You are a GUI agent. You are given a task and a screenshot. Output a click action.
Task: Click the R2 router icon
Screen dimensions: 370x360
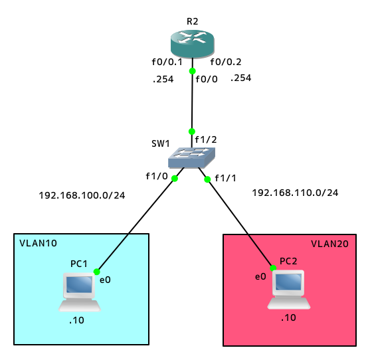point(193,44)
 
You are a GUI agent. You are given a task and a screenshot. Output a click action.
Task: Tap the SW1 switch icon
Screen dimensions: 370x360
point(191,157)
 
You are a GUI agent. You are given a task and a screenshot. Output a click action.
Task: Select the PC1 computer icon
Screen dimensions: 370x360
point(80,292)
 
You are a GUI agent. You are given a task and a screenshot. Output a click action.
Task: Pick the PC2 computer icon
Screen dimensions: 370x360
point(288,290)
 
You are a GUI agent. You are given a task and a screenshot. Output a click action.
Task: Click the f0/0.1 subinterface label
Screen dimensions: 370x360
point(167,62)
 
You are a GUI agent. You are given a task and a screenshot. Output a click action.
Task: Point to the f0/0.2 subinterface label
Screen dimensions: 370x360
point(226,62)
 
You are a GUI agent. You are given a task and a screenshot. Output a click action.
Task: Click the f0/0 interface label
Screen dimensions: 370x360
point(207,79)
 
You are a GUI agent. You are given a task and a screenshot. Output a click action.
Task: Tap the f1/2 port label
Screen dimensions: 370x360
point(206,139)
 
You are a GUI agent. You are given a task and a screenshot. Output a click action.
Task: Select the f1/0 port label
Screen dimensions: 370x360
point(157,176)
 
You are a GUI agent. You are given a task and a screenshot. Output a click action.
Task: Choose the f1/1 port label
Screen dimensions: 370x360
point(225,179)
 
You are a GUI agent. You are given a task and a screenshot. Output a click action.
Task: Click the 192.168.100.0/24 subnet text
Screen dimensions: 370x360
point(82,195)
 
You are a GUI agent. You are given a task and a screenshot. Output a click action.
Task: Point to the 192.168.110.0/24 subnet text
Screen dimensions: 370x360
point(295,193)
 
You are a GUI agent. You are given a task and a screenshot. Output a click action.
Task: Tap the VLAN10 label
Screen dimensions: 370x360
point(39,243)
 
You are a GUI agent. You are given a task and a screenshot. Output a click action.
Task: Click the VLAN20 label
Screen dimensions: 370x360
point(329,244)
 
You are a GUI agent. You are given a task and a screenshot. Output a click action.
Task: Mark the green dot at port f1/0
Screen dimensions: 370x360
point(175,179)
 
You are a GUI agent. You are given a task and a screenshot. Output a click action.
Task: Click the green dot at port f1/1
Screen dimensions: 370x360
point(207,179)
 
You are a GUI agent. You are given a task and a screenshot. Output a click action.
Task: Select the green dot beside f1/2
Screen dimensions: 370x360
point(192,132)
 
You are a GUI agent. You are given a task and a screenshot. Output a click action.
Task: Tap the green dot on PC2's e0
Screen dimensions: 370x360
point(273,268)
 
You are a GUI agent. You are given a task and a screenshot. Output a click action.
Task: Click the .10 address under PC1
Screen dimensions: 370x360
point(76,320)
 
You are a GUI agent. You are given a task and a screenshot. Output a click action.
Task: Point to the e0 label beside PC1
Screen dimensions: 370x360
point(105,280)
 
